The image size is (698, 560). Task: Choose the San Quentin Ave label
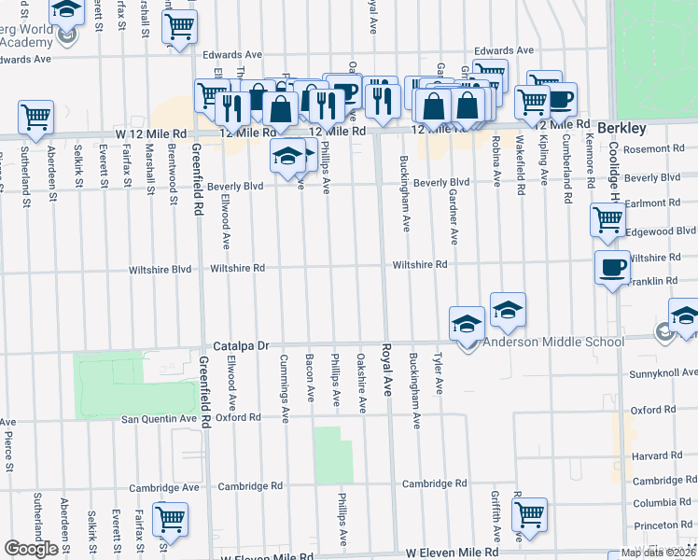[160, 419]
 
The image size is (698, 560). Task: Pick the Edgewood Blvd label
[661, 231]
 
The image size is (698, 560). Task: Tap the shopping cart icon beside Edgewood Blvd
[607, 220]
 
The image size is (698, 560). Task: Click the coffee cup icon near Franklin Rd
[612, 267]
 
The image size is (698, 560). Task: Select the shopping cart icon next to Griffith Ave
[529, 513]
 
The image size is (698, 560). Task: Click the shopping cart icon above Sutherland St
[35, 118]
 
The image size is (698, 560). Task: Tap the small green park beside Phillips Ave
[333, 455]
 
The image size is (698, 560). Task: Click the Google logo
[31, 549]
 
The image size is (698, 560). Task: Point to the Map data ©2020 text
[657, 553]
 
